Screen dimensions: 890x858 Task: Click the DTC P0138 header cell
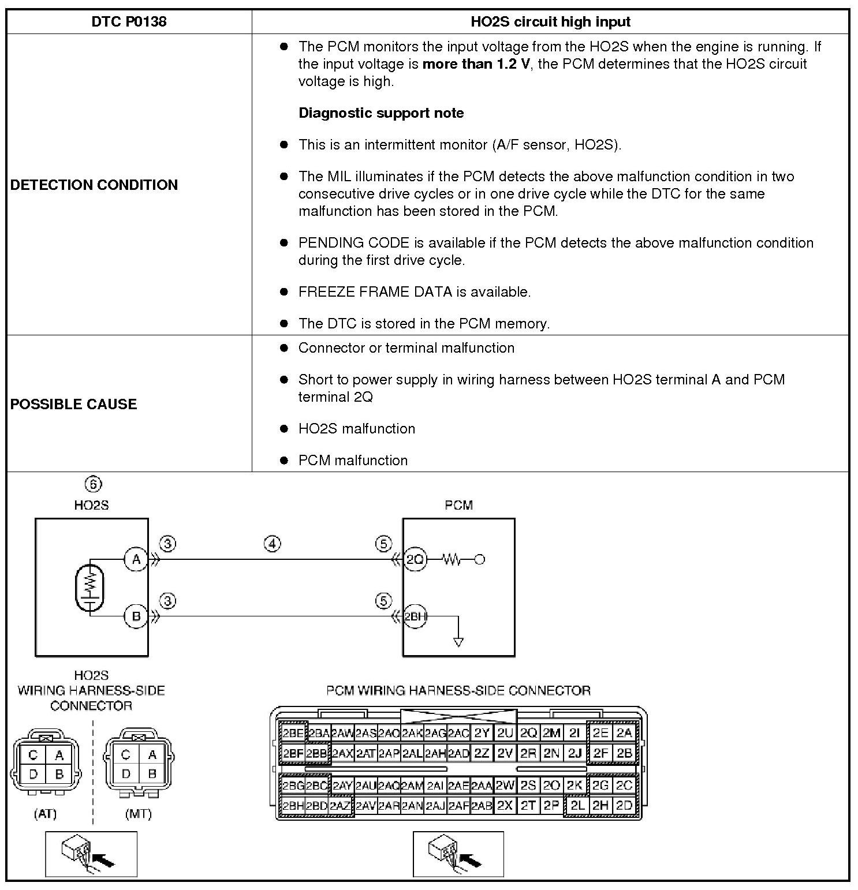tap(129, 22)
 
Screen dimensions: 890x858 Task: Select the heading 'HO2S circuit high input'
tap(550, 22)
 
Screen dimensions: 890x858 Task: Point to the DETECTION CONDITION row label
tap(94, 185)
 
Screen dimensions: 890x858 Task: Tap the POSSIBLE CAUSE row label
tap(74, 404)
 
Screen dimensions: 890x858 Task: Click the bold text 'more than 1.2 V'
tap(476, 63)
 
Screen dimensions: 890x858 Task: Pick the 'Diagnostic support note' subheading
tap(381, 113)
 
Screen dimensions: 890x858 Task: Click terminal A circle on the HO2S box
tap(136, 559)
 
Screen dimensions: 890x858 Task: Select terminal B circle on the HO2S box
tap(136, 616)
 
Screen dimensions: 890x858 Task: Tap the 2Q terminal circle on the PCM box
tap(415, 559)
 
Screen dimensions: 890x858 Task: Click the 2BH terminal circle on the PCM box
tap(415, 616)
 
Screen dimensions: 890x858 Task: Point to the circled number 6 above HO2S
tap(92, 484)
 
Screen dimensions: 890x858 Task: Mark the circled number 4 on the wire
tap(273, 544)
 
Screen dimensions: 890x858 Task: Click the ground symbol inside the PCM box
tap(458, 641)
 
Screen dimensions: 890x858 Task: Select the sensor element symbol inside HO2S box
tap(89, 587)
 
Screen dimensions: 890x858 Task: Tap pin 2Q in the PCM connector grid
tap(528, 733)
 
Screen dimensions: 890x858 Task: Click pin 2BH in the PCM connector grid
tap(293, 806)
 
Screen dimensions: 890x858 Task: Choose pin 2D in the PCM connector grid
tap(624, 806)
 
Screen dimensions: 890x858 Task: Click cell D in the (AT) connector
tap(33, 775)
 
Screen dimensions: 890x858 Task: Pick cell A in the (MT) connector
tap(152, 755)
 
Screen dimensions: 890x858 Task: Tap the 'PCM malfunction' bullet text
tap(353, 460)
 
